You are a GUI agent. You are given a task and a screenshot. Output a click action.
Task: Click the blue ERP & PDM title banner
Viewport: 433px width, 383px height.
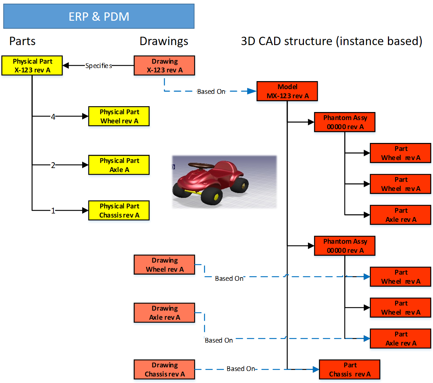pyautogui.click(x=99, y=16)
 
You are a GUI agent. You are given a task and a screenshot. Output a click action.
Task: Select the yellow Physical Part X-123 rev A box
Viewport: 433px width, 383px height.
pyautogui.click(x=32, y=65)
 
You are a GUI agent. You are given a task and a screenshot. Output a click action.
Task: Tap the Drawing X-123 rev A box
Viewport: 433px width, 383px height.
pyautogui.click(x=164, y=65)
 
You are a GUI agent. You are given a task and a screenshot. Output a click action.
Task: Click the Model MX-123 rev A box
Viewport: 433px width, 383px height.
pyautogui.click(x=287, y=91)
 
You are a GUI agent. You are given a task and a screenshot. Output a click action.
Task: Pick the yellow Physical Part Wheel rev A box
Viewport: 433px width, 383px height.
pyautogui.click(x=119, y=116)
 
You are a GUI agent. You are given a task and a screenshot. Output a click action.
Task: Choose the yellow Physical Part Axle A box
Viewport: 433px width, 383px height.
pyautogui.click(x=119, y=165)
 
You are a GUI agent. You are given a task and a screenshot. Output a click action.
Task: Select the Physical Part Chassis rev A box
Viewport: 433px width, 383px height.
pyautogui.click(x=119, y=211)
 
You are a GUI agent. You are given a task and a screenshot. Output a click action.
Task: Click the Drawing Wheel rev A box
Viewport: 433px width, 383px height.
pyautogui.click(x=164, y=265)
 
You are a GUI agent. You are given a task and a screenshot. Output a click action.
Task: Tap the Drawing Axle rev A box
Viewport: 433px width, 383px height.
pyautogui.click(x=164, y=313)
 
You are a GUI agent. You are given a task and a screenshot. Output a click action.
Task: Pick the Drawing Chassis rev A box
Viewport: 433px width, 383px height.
pyautogui.click(x=164, y=370)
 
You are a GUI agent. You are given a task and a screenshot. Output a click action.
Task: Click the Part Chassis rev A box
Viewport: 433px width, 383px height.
pyautogui.click(x=350, y=370)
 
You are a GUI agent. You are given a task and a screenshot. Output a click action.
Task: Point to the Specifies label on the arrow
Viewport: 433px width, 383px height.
pyautogui.click(x=99, y=66)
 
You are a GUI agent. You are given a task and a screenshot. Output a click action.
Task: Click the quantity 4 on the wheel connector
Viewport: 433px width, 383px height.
pyautogui.click(x=53, y=117)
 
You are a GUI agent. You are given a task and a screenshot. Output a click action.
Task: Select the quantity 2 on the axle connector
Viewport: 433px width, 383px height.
pyautogui.click(x=53, y=165)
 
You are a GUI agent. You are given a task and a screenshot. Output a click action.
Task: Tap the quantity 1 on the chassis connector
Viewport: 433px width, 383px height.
pyautogui.click(x=53, y=211)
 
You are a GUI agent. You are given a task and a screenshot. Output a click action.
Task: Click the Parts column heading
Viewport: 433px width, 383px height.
pyautogui.click(x=23, y=41)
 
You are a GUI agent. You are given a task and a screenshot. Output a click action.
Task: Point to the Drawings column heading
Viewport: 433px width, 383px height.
pyautogui.click(x=164, y=41)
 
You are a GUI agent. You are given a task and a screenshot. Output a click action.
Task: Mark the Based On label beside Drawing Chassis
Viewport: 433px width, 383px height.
pyautogui.click(x=241, y=369)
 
